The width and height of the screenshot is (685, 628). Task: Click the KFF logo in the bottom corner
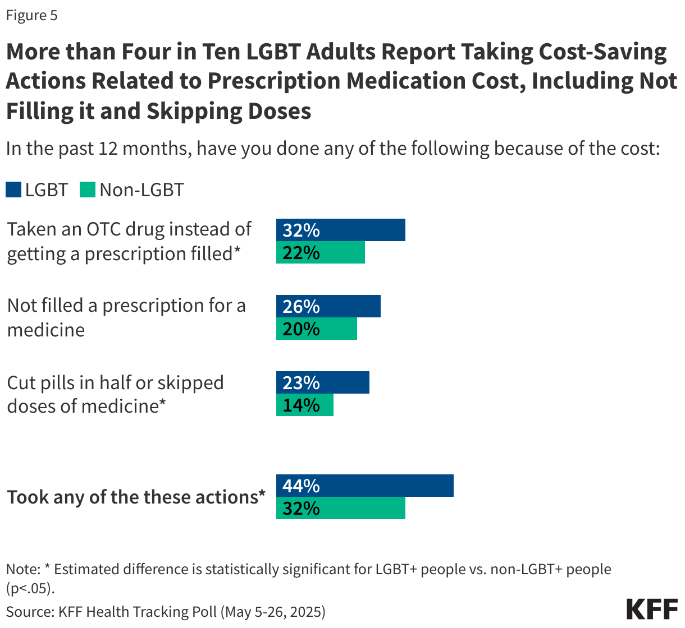652,609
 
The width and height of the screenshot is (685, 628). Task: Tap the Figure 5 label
32,15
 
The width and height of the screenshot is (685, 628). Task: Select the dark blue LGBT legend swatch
13,190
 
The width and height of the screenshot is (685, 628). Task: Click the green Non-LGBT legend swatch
88,190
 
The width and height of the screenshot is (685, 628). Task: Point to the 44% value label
301,486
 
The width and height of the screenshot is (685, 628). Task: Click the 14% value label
301,405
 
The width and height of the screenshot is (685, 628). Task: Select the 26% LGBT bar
328,306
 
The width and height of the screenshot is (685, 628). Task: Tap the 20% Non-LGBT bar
316,329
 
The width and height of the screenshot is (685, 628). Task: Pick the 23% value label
301,382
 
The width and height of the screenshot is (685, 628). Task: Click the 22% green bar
320,252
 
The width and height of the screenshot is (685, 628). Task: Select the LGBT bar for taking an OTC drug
340,230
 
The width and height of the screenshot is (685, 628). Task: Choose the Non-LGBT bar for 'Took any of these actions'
340,508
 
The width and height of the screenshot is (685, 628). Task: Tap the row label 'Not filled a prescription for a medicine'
126,317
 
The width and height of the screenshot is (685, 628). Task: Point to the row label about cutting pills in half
115,394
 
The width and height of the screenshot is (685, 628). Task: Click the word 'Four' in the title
167,52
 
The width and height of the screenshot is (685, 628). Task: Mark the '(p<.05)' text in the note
31,588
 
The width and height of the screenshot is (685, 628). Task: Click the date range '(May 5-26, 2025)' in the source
272,611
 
